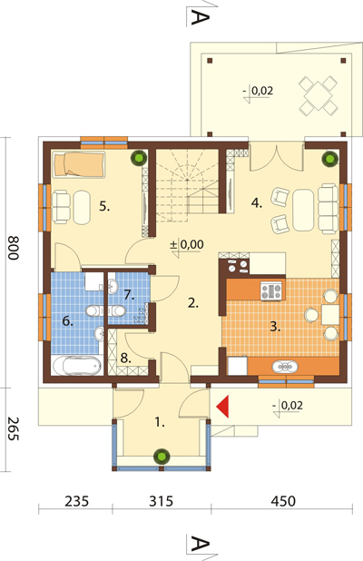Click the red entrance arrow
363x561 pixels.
click(222, 408)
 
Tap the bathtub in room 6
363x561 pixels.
click(77, 366)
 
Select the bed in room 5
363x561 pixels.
click(79, 164)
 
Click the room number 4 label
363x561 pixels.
click(257, 203)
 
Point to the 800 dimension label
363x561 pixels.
click(14, 247)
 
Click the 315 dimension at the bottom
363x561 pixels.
click(161, 501)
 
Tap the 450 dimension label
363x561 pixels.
click(283, 501)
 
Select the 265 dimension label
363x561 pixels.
click(14, 428)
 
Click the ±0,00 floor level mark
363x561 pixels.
click(186, 245)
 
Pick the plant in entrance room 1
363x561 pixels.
click(162, 457)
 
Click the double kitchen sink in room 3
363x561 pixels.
click(285, 367)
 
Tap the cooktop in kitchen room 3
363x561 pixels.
click(271, 290)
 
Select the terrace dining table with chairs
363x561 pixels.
click(319, 96)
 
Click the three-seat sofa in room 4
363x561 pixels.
click(329, 209)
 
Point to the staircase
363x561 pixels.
click(188, 185)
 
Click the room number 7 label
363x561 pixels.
click(129, 295)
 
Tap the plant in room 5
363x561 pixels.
click(139, 157)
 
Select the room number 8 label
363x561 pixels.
click(125, 358)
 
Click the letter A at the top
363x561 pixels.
click(200, 17)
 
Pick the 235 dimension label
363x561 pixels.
click(76, 501)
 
